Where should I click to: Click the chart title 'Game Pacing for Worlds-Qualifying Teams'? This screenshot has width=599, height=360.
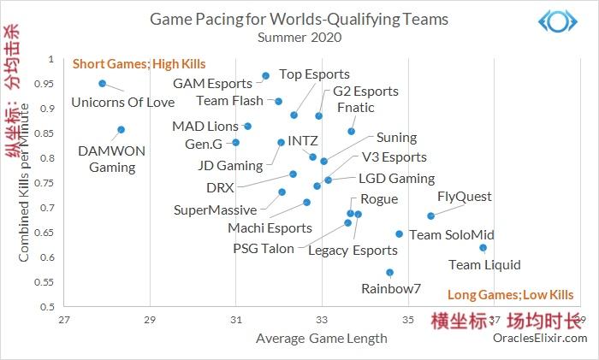pos(299,18)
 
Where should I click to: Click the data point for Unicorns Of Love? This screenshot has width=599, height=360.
pos(102,84)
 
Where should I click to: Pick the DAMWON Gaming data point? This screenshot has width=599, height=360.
pos(121,129)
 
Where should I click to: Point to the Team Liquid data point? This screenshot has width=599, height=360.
pos(483,248)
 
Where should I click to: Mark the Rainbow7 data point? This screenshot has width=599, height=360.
pos(389,272)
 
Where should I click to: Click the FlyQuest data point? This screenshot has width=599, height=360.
pos(430,215)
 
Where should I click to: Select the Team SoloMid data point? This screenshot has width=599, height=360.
pos(399,233)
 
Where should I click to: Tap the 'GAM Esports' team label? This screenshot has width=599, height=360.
pos(212,84)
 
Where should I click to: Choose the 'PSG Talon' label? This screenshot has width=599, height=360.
pos(263,249)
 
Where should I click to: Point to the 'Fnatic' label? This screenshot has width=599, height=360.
pos(356,108)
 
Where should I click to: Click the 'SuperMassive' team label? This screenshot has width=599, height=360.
pos(215,210)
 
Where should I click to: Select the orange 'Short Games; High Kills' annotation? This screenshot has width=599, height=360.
pos(139,64)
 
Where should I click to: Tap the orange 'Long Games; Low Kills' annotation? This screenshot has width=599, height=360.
pos(510,295)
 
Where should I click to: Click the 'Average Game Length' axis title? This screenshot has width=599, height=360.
pos(321,338)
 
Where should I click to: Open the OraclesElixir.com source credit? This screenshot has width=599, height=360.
pos(540,338)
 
